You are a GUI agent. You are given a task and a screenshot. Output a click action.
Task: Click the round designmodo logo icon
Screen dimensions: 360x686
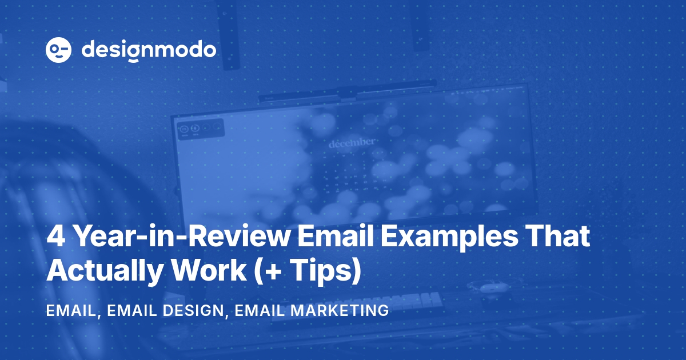[x=58, y=50]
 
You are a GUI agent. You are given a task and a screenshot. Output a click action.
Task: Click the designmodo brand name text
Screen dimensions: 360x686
[x=149, y=50]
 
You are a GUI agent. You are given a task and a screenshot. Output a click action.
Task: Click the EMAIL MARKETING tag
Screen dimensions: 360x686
[x=312, y=311]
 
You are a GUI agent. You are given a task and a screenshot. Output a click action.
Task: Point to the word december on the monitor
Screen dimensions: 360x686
[x=352, y=143]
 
